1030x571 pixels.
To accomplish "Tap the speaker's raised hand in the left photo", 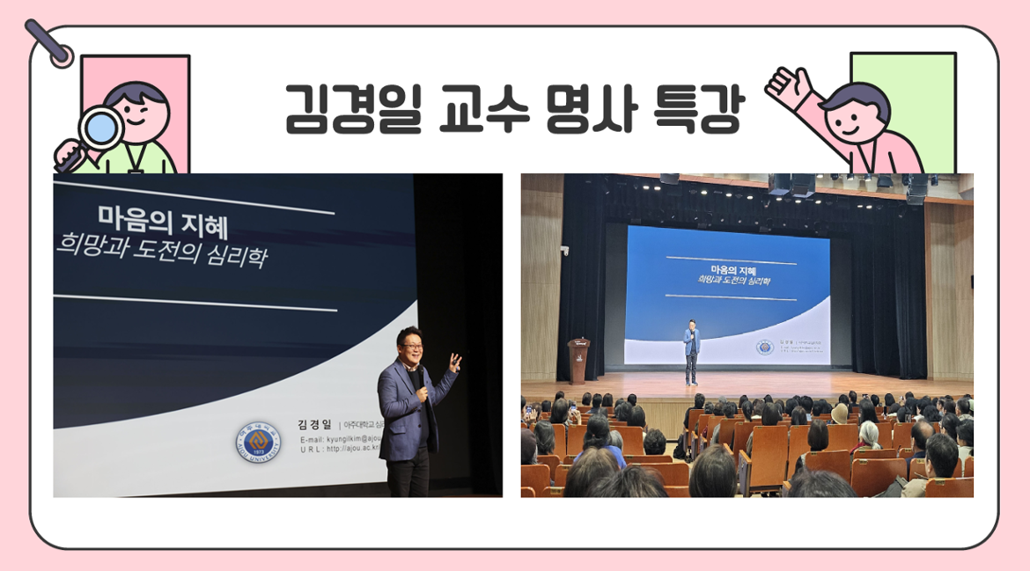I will (x=454, y=362).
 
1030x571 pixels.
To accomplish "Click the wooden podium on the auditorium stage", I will (x=578, y=360).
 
